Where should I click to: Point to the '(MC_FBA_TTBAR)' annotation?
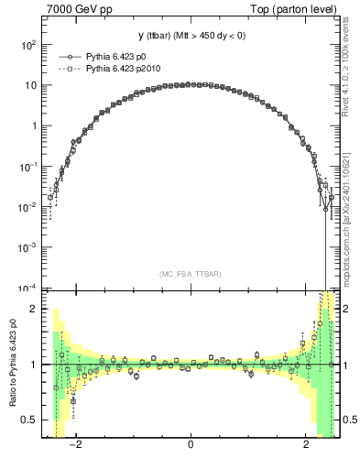190,274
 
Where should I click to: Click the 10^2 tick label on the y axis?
27,44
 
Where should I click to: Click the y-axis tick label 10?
30,85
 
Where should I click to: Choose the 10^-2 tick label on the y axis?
27,207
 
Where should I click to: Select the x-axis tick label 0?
190,447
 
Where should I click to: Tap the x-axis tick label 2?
306,447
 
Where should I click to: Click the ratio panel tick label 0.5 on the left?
29,420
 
